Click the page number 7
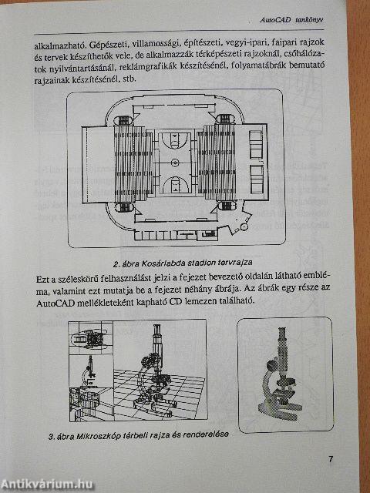pyautogui.click(x=329, y=460)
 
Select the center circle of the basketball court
pyautogui.click(x=174, y=163)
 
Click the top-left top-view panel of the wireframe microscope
pyautogui.click(x=91, y=344)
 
